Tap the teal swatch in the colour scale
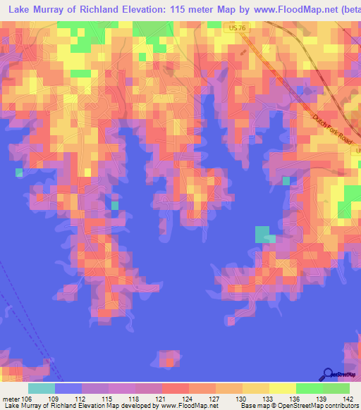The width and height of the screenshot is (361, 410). [x=42, y=388]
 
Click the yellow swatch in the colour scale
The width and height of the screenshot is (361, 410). [x=282, y=388]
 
